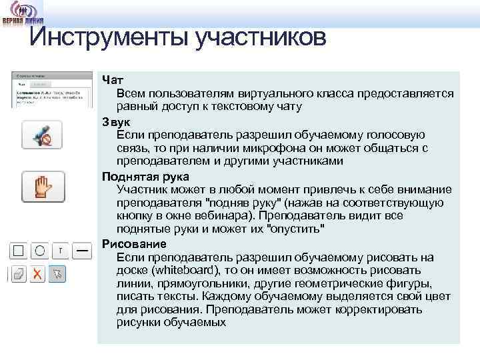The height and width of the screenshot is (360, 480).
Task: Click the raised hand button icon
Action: pos(43,187)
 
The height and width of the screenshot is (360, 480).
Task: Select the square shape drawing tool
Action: pos(19,251)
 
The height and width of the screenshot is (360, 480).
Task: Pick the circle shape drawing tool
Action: pos(39,251)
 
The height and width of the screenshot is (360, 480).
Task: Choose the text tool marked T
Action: pos(61,251)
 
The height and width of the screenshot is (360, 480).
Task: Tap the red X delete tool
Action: pos(39,274)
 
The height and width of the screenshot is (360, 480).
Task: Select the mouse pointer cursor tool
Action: pos(58,274)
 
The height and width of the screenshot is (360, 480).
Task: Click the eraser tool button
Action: pos(19,274)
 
